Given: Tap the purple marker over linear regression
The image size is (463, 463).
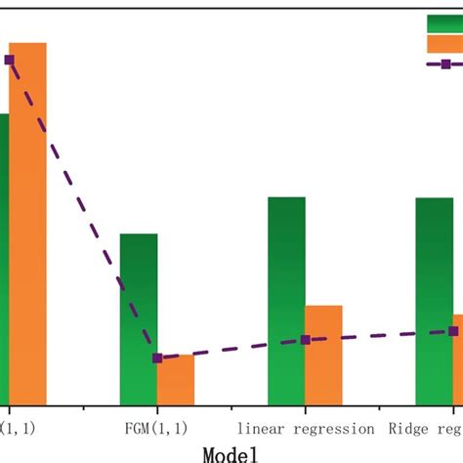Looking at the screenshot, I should click(306, 339).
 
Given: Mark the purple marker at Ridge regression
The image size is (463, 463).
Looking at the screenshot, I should click(453, 331).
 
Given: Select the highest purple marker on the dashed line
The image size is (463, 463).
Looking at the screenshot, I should click(9, 60).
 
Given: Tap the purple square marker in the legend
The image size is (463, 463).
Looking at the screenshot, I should click(445, 64).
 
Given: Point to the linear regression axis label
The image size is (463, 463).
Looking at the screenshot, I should click(306, 428).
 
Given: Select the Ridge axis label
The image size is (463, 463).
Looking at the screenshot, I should click(426, 428).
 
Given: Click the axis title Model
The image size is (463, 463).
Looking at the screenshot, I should click(231, 453).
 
